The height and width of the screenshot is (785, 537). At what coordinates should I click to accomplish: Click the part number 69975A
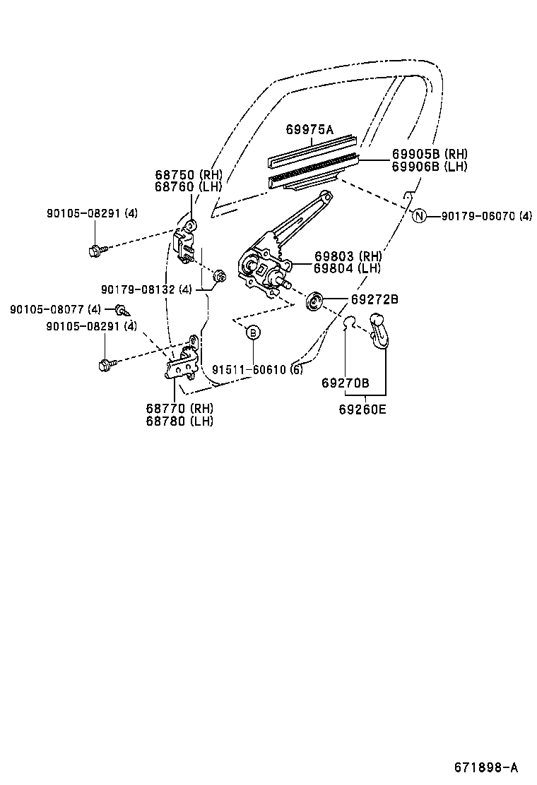click(x=309, y=129)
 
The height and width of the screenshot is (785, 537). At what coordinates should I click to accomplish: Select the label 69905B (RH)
click(x=430, y=154)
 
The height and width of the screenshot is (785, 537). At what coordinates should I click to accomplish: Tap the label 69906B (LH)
click(x=430, y=167)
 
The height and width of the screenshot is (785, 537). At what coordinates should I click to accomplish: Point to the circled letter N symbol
click(x=419, y=216)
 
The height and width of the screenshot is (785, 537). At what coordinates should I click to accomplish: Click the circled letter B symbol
click(x=252, y=332)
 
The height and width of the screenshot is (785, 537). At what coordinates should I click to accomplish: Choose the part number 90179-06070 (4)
click(x=486, y=216)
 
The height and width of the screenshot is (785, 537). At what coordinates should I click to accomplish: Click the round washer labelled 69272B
click(x=314, y=301)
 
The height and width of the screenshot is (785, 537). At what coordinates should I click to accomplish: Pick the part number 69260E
click(x=362, y=408)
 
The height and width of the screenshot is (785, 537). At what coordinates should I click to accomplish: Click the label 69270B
click(x=345, y=383)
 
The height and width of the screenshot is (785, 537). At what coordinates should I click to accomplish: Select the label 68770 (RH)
click(x=179, y=408)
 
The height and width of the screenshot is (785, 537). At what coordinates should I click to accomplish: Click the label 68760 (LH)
click(x=188, y=186)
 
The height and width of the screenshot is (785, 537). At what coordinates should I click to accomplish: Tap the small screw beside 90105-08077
click(x=122, y=309)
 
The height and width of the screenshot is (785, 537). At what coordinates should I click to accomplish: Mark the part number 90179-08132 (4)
click(x=146, y=289)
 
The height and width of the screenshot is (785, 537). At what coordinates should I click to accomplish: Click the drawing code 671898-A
click(x=486, y=767)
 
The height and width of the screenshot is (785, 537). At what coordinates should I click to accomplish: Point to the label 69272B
click(x=374, y=299)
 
